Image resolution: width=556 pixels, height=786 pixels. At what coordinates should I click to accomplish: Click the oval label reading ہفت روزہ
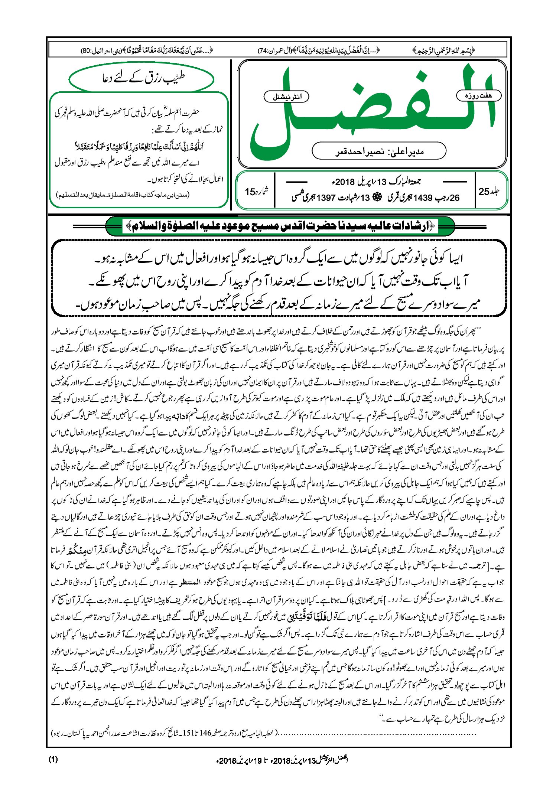478,95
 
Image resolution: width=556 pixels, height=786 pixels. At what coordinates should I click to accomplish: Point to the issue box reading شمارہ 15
256,192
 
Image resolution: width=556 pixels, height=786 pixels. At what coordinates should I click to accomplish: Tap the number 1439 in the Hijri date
422,198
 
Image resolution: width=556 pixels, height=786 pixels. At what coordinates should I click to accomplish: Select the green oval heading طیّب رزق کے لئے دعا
142,78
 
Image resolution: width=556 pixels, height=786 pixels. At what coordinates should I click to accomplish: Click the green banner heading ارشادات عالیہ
280,226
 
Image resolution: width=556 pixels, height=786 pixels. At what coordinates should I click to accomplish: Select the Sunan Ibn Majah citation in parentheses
123,195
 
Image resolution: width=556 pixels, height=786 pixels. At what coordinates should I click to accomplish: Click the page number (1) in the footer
53,759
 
